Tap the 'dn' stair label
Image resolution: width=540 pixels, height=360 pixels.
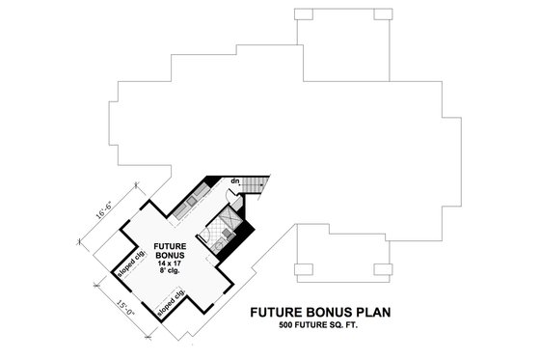click(235, 180)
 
